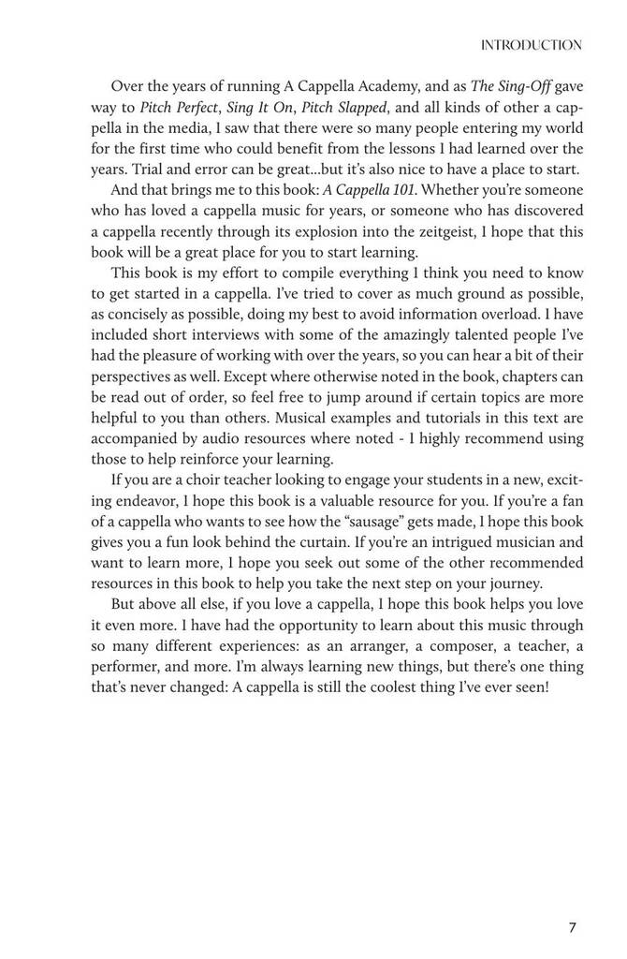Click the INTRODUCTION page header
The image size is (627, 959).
pos(531,45)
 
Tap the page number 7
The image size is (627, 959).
pos(573,928)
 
